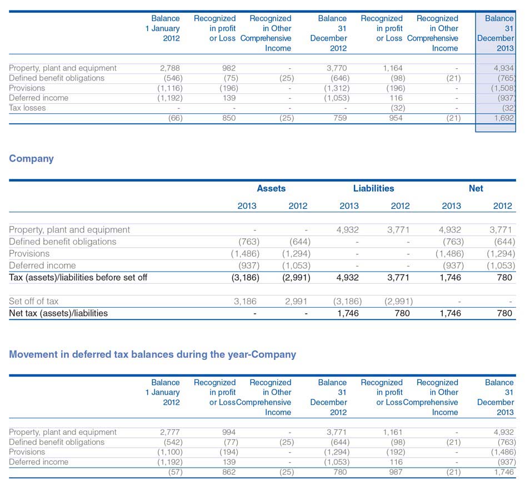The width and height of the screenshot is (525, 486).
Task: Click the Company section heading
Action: coord(31,159)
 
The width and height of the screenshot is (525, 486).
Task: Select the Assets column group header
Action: coord(271,188)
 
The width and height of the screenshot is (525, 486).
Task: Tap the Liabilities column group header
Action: coord(374,188)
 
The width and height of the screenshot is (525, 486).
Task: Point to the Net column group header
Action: coord(476,188)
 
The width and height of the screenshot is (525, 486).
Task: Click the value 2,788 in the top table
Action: coord(170,68)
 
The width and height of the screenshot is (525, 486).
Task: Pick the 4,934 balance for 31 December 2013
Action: coord(503,68)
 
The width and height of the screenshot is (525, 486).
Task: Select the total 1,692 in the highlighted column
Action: coord(503,118)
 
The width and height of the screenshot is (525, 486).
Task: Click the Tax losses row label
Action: coord(27,108)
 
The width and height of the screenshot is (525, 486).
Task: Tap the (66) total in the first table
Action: coord(175,118)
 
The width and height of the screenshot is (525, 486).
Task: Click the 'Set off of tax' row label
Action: coord(33,301)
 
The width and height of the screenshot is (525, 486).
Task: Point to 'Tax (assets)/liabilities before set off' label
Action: coord(78,278)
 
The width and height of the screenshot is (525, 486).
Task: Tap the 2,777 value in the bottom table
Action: coord(170,432)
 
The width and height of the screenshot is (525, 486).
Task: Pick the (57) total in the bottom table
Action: coord(175,472)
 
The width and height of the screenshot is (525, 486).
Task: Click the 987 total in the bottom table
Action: coord(396,472)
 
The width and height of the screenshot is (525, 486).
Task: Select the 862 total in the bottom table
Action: coord(229,472)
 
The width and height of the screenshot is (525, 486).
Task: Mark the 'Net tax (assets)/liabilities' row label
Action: coord(58,313)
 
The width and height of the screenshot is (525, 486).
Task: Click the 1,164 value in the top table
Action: coord(393,68)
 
